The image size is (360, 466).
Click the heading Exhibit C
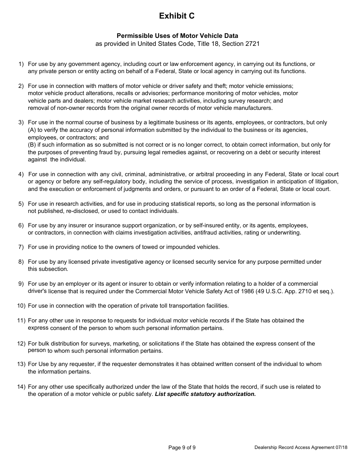tap(177, 16)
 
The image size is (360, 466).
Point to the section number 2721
tap(252, 44)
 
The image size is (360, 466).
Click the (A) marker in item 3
tap(32, 130)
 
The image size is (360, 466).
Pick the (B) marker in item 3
tap(32, 145)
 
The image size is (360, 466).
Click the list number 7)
tap(21, 247)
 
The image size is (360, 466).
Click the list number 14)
tap(21, 387)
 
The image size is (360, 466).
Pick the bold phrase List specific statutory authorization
tap(205, 394)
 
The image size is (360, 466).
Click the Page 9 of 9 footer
tap(182, 447)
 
